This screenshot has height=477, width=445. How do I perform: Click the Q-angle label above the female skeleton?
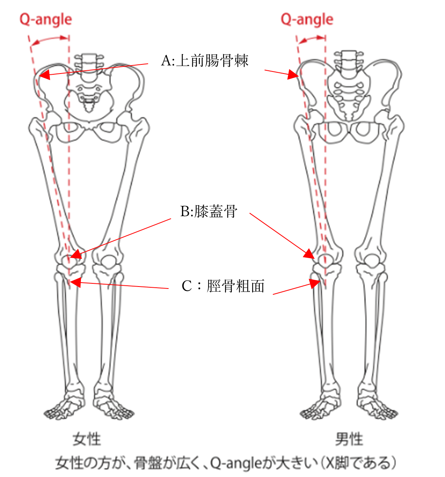[x=46, y=19]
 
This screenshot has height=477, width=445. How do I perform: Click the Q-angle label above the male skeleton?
[x=307, y=19]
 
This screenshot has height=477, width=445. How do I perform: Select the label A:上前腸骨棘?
[x=205, y=61]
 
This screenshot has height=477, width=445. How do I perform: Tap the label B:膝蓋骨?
[x=208, y=211]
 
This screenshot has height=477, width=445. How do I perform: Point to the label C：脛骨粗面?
[x=223, y=286]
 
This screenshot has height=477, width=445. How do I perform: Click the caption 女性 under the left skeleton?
[x=86, y=439]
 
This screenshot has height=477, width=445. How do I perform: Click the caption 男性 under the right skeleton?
[x=349, y=439]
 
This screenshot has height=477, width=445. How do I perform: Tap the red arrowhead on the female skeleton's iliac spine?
[x=44, y=75]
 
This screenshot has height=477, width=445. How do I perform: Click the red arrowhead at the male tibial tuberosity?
[x=315, y=283]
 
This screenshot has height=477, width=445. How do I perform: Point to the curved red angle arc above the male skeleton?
[x=312, y=38]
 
